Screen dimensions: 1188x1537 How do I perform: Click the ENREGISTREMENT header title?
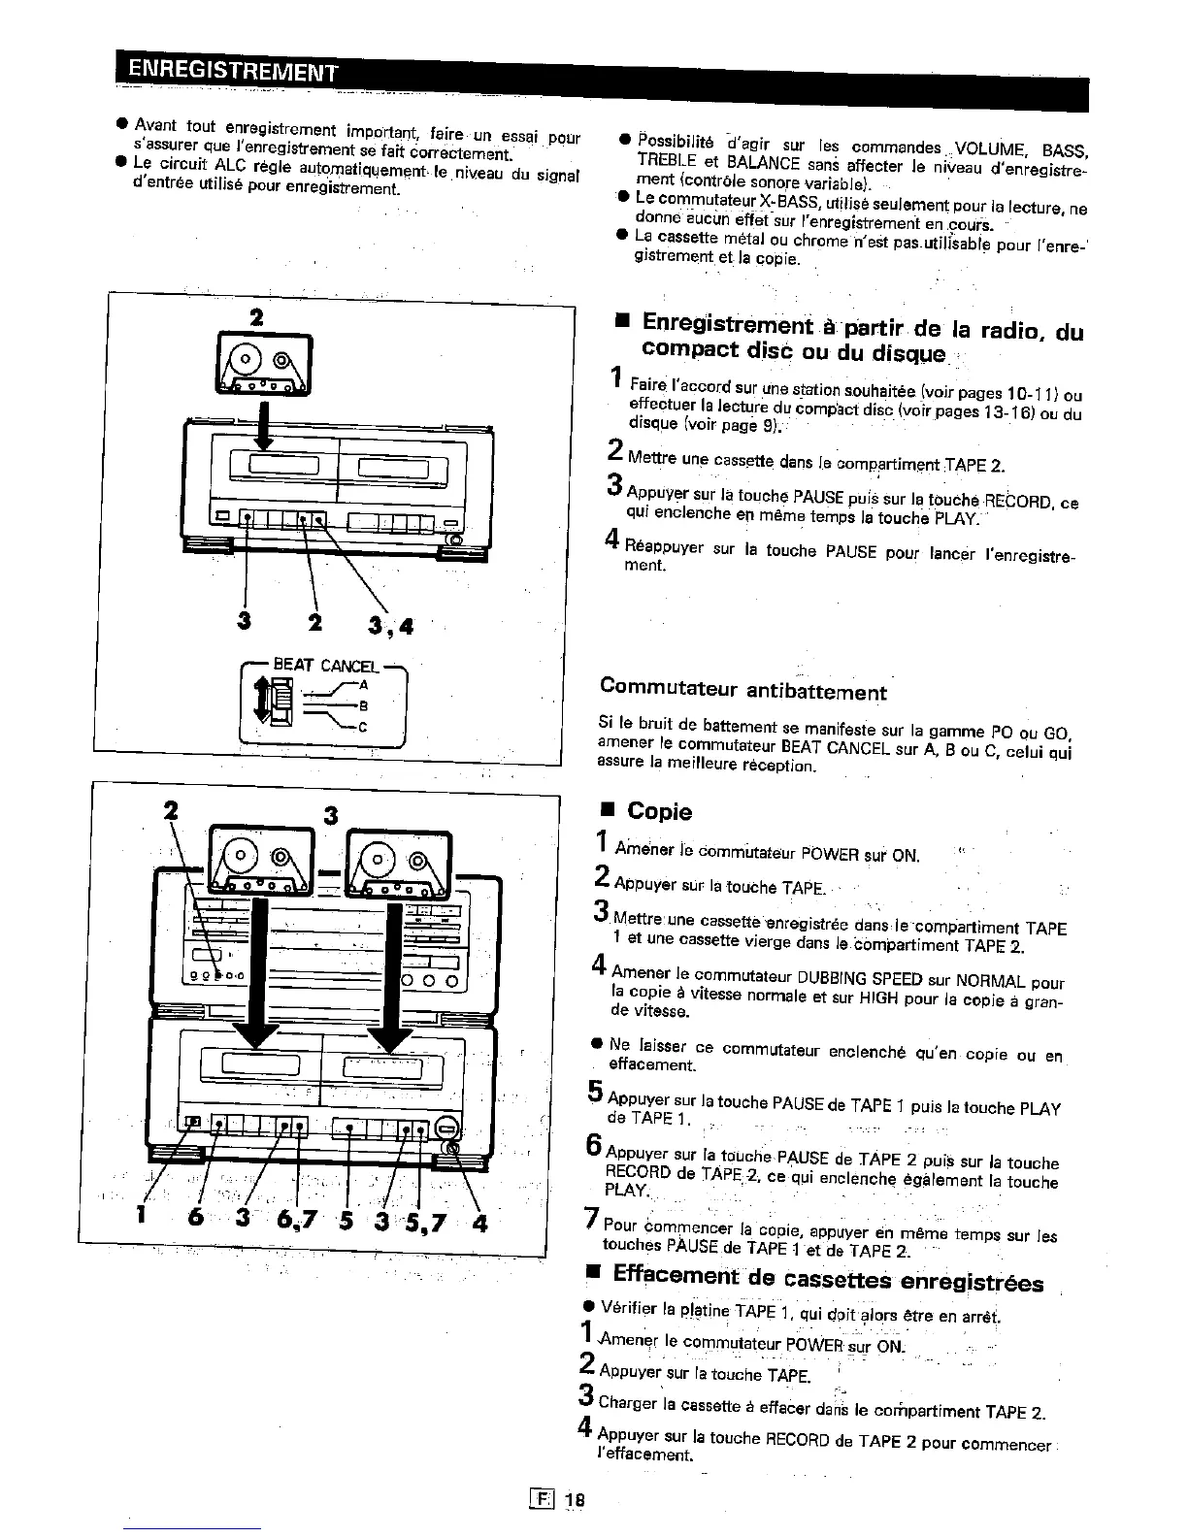pyautogui.click(x=231, y=69)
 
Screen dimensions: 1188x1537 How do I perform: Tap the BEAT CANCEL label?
pyautogui.click(x=324, y=666)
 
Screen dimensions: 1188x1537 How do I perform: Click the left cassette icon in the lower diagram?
pyautogui.click(x=260, y=860)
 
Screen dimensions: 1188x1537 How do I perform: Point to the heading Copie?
pyautogui.click(x=659, y=811)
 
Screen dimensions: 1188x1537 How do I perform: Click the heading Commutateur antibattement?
pyautogui.click(x=743, y=690)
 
